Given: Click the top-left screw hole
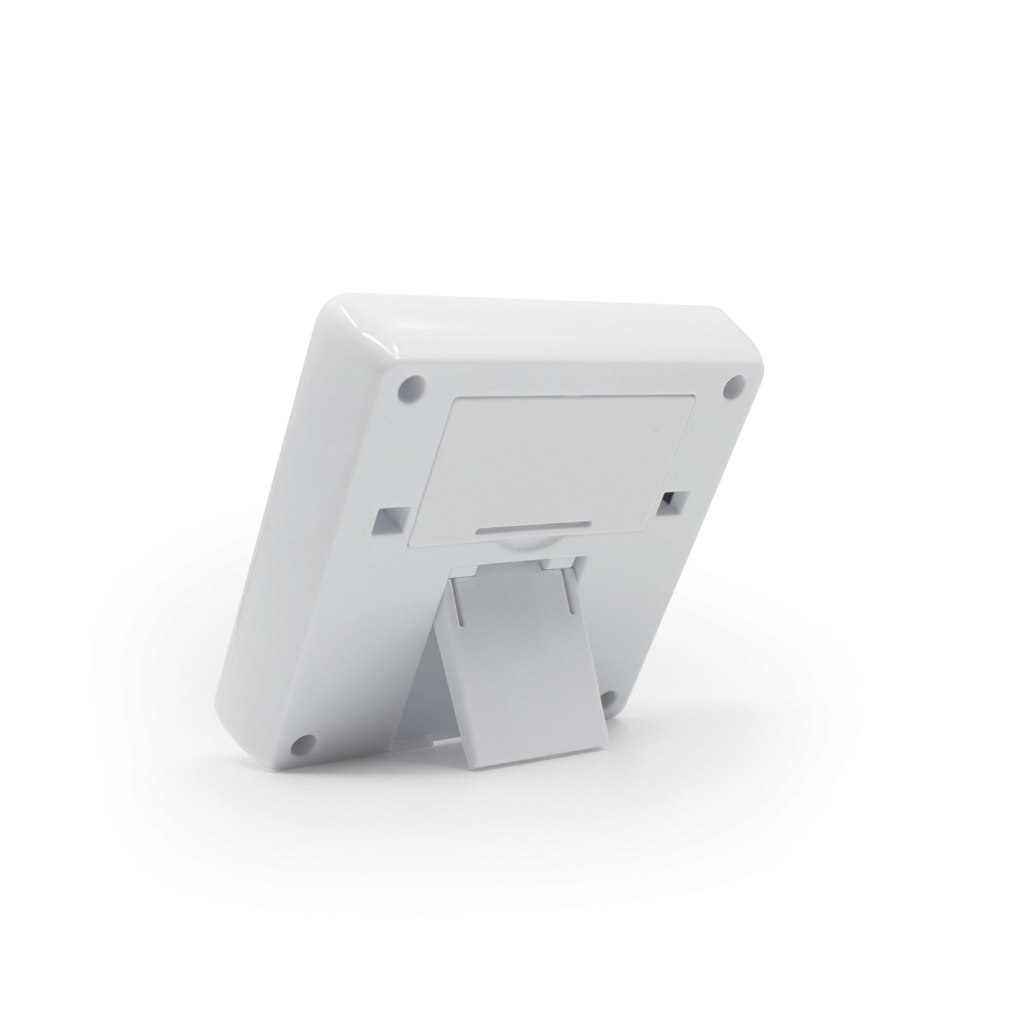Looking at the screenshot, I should pyautogui.click(x=412, y=388).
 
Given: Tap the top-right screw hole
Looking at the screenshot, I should pyautogui.click(x=735, y=386).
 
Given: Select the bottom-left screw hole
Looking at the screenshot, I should pyautogui.click(x=302, y=744).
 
